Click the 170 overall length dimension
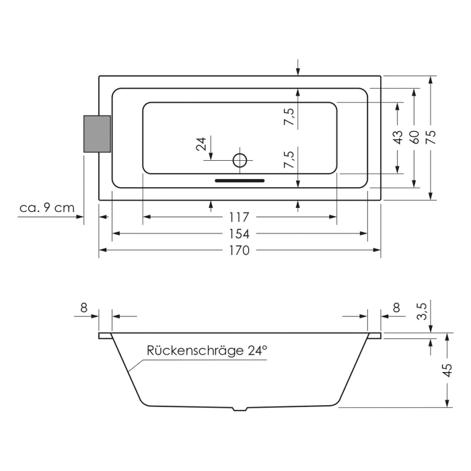239,251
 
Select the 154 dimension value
239,234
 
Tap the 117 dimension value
239,217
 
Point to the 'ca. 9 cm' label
47,208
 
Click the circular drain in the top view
240,160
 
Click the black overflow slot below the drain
240,180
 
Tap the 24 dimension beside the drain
201,145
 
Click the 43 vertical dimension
398,137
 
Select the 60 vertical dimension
414,137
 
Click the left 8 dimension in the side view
84,307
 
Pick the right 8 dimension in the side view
396,307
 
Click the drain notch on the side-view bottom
240,408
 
